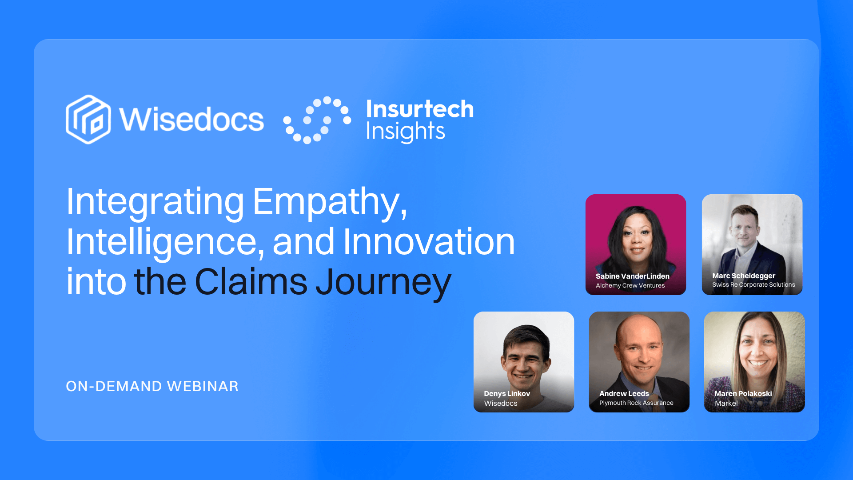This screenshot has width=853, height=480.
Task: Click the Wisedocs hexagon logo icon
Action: pos(88,119)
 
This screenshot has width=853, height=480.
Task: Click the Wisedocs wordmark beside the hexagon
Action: pos(191,120)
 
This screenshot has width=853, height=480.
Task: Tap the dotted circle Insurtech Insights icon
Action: pos(317,120)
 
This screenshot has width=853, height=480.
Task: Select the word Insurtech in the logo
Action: pos(419,109)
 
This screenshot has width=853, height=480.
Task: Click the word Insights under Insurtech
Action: pos(405,132)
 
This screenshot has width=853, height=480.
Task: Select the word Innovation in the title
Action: pos(429,242)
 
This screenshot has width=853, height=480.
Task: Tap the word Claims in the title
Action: pos(251,282)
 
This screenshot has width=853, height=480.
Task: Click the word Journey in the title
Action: pos(383,283)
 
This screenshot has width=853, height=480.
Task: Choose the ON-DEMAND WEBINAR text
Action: pos(152,386)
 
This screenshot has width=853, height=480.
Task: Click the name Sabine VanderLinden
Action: pos(632,276)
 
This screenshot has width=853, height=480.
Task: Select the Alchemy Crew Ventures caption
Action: pos(630,286)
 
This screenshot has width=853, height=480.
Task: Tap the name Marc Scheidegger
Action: pos(744,276)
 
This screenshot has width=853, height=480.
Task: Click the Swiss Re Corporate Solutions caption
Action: pos(753,285)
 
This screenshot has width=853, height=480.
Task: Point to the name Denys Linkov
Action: pos(506,393)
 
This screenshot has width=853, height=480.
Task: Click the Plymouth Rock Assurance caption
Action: pos(636,403)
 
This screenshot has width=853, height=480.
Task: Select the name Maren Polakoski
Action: pos(743,393)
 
